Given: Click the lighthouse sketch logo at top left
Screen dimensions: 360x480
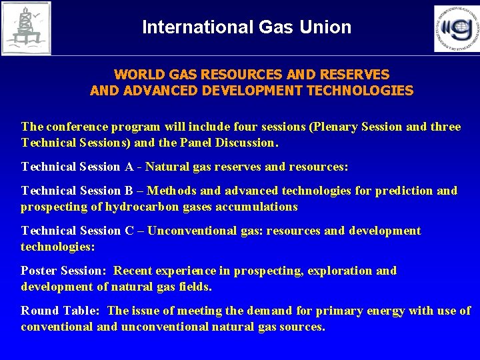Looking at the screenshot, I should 26,28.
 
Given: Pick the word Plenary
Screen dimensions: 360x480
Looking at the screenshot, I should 341,127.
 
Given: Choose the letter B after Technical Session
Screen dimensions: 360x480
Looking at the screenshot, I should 129,191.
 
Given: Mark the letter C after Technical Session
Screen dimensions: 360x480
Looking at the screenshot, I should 130,231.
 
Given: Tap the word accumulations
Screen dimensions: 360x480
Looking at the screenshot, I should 257,207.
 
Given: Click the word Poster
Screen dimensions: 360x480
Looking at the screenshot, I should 39,271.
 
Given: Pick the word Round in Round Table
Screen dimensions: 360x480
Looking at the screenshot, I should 40,311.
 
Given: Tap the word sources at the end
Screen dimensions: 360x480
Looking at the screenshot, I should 302,327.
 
